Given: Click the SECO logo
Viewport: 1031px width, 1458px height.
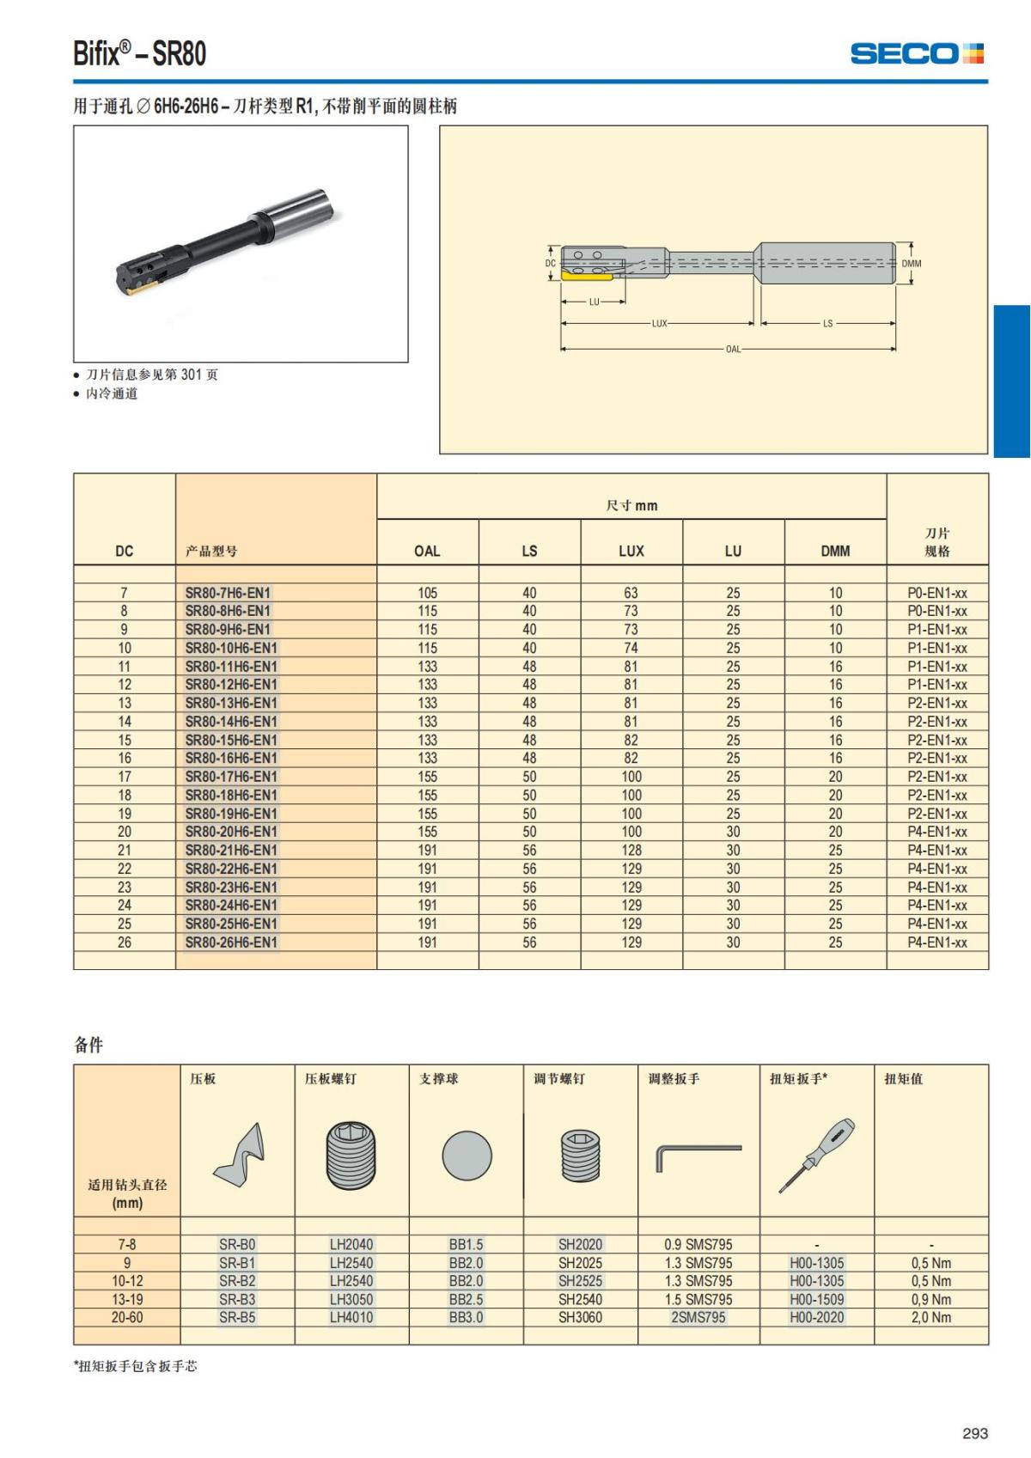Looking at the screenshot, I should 917,53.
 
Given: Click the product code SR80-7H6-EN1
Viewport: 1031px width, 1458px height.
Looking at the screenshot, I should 228,593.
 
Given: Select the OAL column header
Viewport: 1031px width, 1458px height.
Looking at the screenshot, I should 427,551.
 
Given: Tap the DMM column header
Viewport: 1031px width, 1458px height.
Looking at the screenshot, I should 835,551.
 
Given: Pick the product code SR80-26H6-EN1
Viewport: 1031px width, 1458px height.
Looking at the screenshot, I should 231,943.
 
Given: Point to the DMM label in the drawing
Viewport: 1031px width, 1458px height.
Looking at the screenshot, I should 912,264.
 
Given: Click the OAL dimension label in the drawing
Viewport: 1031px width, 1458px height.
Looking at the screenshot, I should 733,349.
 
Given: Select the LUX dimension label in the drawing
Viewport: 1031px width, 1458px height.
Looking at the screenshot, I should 659,324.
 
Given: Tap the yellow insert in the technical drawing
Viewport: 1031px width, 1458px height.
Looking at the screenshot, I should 588,275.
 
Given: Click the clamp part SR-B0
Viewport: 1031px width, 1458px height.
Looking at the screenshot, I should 237,1244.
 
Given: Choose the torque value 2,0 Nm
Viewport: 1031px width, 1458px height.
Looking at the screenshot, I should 931,1317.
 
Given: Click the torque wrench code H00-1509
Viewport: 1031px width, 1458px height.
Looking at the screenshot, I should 816,1299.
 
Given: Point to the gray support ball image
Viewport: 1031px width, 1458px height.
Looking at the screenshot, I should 467,1156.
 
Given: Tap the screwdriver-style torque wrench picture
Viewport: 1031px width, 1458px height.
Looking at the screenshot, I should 817,1155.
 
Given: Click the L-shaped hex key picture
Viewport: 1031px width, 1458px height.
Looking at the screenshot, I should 697,1156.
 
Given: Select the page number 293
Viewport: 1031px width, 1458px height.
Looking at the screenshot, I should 975,1433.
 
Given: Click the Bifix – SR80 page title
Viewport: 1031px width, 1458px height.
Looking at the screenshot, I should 140,53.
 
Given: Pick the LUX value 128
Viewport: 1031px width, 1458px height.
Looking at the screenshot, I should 631,850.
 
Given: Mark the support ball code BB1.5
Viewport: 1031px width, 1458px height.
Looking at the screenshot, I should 466,1244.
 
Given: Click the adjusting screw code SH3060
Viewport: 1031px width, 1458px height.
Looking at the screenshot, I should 580,1317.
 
